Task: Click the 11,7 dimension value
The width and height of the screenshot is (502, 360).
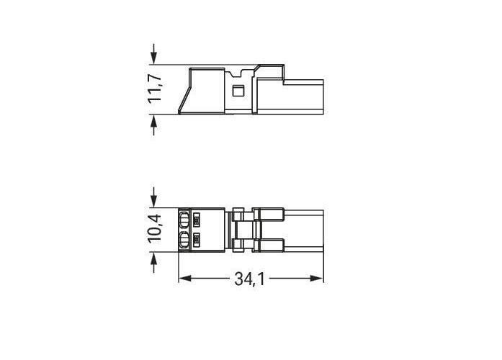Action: pos(156,89)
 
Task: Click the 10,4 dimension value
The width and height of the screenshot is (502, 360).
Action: pos(155,229)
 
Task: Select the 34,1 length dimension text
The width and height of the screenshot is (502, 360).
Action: pos(249,279)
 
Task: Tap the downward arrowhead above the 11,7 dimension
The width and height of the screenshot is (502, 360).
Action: pos(154,59)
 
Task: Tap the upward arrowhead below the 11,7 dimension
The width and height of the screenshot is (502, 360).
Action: pos(154,120)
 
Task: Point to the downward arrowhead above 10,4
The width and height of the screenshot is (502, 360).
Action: pos(154,202)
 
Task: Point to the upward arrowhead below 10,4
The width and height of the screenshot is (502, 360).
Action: pos(154,258)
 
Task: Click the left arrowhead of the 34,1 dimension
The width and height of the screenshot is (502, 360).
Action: pos(184,279)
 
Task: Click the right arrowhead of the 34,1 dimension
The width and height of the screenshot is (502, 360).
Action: pos(317,279)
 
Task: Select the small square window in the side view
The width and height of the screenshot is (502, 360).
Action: pos(237,91)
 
